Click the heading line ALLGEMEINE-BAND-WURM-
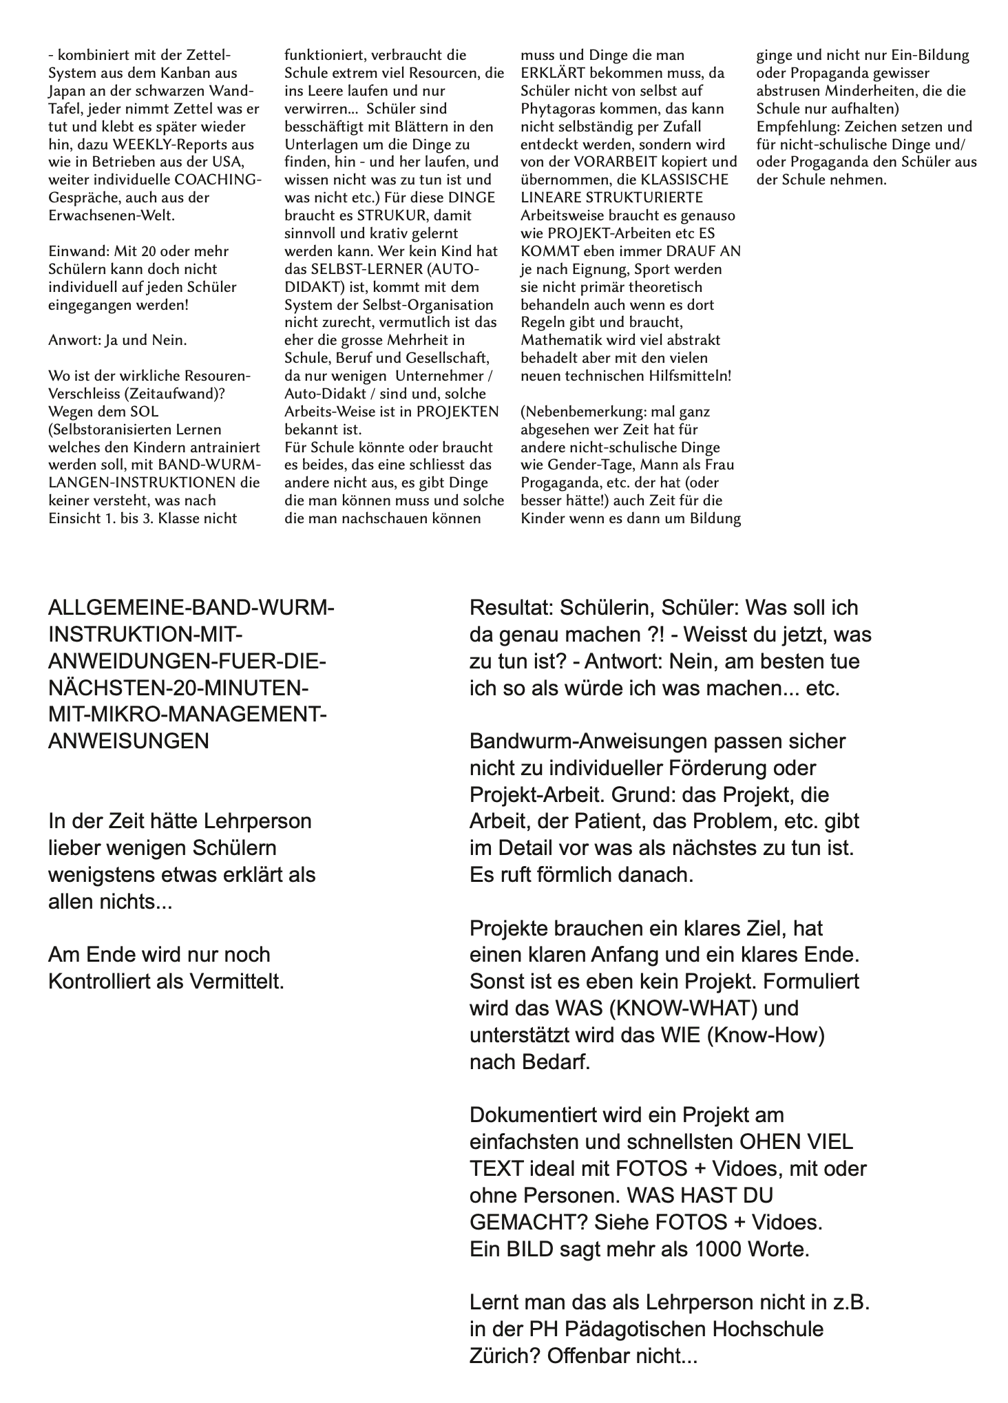click(x=191, y=608)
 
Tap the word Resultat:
click(x=510, y=608)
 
